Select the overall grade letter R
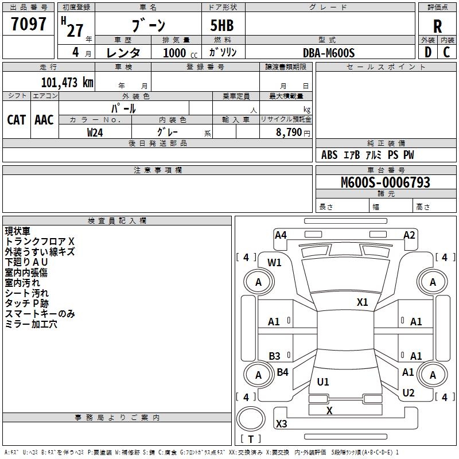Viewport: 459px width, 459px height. (x=437, y=26)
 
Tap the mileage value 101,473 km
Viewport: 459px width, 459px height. (x=67, y=83)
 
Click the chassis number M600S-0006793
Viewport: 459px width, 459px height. (x=386, y=182)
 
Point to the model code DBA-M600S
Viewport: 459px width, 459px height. (x=329, y=53)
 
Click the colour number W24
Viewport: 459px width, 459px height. (x=95, y=132)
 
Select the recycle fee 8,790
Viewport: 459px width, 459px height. (x=289, y=132)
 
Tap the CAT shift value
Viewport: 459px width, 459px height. (x=16, y=119)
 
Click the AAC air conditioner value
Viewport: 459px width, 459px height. (x=44, y=119)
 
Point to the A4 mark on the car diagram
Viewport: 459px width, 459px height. (x=281, y=235)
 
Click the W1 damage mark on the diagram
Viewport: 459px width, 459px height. (x=275, y=263)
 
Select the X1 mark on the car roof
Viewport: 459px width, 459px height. (x=362, y=302)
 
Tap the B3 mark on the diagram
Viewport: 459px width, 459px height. (x=275, y=356)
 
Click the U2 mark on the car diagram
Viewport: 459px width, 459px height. (x=409, y=393)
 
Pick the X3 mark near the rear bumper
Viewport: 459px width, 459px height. (x=281, y=423)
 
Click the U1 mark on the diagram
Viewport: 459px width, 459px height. (x=323, y=382)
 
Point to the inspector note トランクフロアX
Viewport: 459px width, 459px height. (x=40, y=242)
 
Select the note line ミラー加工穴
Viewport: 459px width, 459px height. (x=31, y=325)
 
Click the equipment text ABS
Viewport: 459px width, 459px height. (x=329, y=155)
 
